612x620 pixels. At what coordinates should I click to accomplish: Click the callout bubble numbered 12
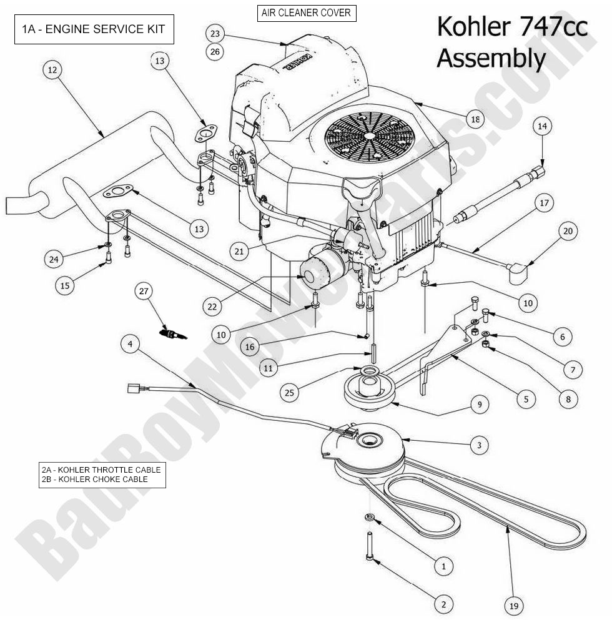pos(52,71)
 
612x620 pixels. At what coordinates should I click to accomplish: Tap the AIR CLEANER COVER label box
pos(306,12)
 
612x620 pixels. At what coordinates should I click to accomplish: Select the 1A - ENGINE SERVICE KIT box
pos(94,30)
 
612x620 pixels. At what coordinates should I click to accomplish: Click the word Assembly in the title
pos(491,59)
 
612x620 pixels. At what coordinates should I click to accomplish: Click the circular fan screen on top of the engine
pos(370,135)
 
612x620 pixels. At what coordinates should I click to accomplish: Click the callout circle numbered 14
pos(541,126)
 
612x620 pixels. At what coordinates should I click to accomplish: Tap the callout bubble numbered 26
pos(215,52)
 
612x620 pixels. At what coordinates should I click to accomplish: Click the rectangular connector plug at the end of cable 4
pos(134,388)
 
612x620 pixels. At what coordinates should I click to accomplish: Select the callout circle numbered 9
pos(479,405)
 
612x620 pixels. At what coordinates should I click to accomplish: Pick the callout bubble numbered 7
pos(573,369)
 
